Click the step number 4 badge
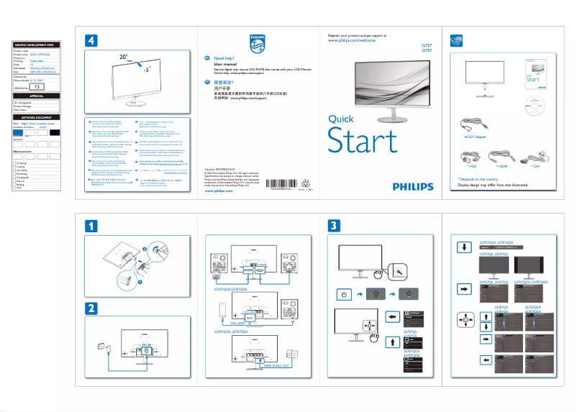[x=91, y=41]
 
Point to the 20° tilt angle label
[x=124, y=55]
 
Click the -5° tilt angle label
[x=146, y=72]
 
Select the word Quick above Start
[x=340, y=119]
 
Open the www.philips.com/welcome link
[x=352, y=42]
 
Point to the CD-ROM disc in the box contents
[x=535, y=104]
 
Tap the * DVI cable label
[x=536, y=166]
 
